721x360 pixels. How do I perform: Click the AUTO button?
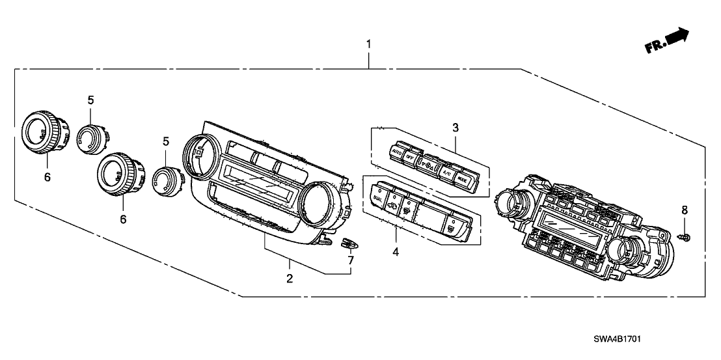396,152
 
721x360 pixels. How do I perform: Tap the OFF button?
411,157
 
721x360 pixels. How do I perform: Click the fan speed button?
428,163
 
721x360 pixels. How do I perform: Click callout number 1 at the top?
369,45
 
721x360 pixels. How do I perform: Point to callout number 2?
290,278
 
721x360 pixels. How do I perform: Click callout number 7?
351,261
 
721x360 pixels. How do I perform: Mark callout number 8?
684,210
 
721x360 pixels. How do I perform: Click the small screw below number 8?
685,236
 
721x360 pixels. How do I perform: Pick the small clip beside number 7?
349,243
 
